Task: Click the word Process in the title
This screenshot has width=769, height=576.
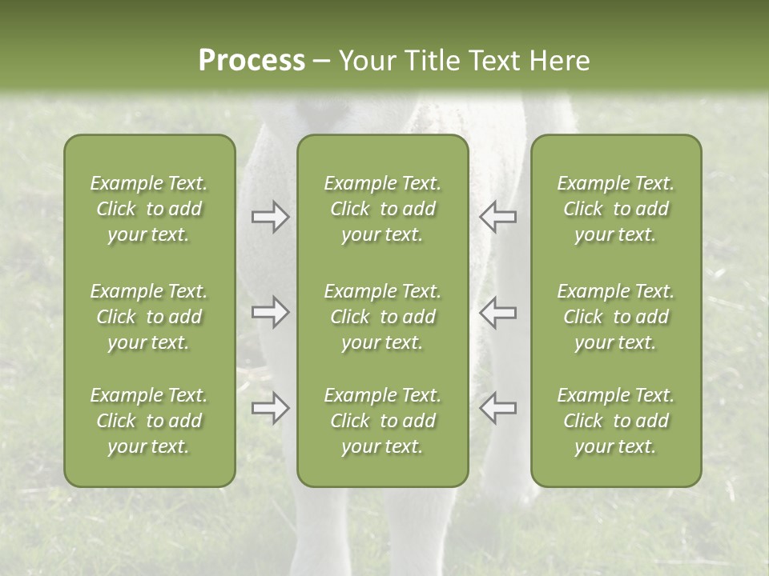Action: [x=252, y=61]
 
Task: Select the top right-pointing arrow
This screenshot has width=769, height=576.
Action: [x=271, y=217]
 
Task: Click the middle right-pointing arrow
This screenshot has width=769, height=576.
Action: [x=271, y=312]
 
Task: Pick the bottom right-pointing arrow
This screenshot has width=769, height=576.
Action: [x=271, y=408]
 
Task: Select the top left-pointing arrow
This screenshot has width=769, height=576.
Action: [x=497, y=217]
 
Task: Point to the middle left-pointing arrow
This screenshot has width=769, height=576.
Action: [x=497, y=312]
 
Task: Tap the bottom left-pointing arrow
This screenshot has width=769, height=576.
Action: [x=497, y=408]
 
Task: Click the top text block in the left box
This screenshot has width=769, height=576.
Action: [x=149, y=209]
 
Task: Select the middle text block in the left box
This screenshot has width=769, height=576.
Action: [x=149, y=317]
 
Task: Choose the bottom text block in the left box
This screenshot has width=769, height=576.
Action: [x=149, y=421]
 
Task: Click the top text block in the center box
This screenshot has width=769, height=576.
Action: [x=382, y=209]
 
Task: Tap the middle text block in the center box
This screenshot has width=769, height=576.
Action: [x=382, y=317]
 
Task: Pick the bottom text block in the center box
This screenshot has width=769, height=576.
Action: [x=382, y=421]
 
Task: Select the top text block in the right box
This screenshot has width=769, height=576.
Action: [x=616, y=209]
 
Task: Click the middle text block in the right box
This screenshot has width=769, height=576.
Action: [x=616, y=317]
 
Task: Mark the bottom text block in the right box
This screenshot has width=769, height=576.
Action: [x=616, y=421]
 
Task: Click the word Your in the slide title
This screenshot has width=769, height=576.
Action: [x=366, y=61]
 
